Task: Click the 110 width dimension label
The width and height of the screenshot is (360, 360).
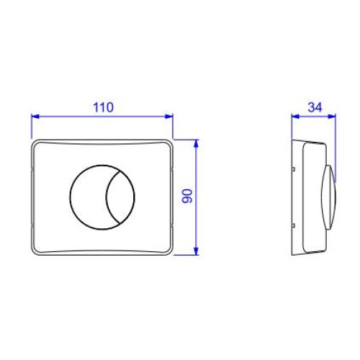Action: (103, 107)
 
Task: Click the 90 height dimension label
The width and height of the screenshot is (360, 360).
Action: (187, 196)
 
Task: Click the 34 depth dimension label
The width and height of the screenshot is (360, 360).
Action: (315, 107)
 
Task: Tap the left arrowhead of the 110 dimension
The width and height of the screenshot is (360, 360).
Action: (35, 117)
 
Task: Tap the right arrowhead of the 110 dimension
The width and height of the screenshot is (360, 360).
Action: (169, 117)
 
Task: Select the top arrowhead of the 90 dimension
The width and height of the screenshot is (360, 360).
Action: (197, 143)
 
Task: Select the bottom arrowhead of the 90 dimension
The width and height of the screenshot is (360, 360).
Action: (197, 251)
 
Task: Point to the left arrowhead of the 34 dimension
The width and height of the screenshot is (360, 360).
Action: (295, 117)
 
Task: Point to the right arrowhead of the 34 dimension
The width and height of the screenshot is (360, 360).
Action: (332, 117)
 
